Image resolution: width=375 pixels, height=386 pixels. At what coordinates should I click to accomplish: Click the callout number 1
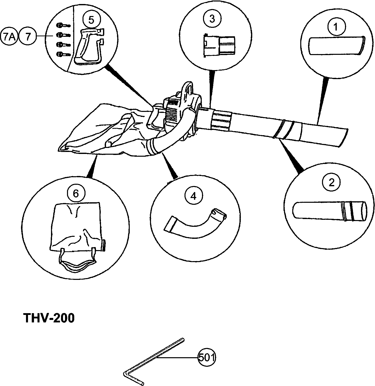(336, 27)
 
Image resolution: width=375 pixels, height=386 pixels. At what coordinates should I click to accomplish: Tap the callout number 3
(212, 19)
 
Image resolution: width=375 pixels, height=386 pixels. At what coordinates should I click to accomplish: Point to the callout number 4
(193, 196)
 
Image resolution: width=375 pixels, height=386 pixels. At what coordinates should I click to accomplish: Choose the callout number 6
(76, 193)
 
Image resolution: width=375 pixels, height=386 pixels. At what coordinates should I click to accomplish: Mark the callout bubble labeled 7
(28, 37)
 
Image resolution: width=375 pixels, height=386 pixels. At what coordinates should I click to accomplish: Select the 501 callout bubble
(207, 357)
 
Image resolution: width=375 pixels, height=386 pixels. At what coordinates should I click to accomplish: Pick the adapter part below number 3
(219, 45)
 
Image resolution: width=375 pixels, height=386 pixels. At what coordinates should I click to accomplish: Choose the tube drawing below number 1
(336, 46)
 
